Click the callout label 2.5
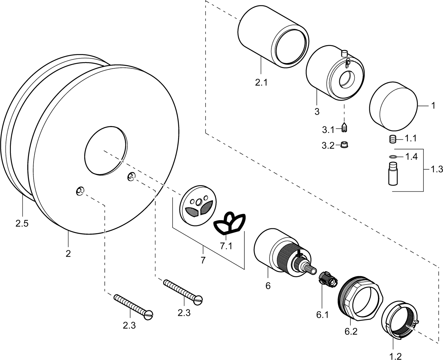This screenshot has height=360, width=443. (x=22, y=223)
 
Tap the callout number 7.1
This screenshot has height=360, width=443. (x=226, y=246)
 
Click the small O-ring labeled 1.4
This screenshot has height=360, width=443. (x=393, y=157)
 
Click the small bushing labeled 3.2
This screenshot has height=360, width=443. (x=344, y=145)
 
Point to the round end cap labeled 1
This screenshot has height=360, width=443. (x=393, y=107)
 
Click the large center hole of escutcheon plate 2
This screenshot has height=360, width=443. (x=106, y=150)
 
